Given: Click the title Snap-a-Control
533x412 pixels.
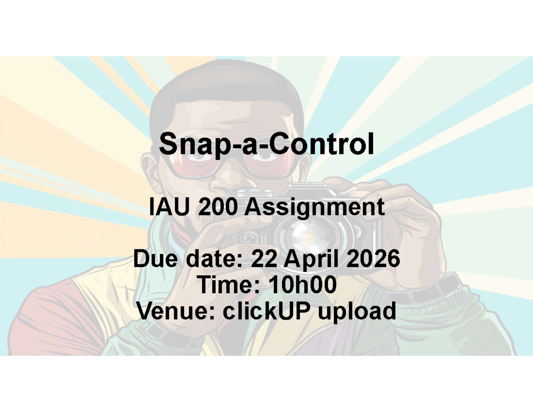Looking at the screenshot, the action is coord(266,144).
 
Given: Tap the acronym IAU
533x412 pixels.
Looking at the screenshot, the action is coord(170,207).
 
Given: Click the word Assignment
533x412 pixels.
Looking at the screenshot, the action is coord(314,208).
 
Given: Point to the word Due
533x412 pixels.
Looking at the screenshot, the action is coord(155,259).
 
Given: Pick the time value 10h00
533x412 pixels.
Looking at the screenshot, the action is coord(302,284).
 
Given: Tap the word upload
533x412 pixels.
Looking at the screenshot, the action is coord(357,312).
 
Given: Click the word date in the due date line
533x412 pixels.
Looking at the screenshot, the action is coord(214,259).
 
